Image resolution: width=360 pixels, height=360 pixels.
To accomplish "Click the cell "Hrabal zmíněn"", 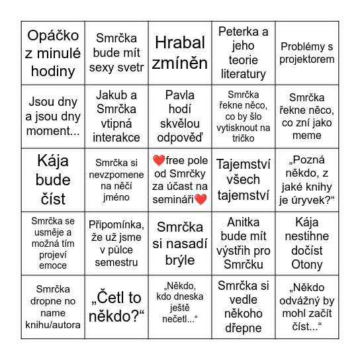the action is point(180,53).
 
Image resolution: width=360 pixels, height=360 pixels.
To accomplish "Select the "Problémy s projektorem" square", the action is point(307,53).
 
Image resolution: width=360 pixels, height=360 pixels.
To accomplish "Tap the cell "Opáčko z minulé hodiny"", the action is point(53,53).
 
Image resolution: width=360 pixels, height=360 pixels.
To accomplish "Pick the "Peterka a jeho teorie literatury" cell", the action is point(244,53).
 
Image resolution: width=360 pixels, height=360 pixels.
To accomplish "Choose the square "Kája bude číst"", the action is point(53,180).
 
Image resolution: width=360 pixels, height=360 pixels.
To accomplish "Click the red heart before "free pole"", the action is point(158,161).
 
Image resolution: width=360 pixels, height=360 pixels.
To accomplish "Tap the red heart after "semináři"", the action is point(201,199).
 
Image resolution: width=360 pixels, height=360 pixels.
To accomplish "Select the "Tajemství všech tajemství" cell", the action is point(244,180).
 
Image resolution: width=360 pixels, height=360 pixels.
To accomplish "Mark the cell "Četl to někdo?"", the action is point(116,307).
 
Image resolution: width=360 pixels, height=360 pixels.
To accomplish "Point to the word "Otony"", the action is point(307,264).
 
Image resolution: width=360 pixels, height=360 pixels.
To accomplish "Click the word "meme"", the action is point(307,136).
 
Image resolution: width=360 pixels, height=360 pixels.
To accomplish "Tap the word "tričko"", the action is point(244,138).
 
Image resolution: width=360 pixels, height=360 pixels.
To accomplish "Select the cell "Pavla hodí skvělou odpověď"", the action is point(180,116).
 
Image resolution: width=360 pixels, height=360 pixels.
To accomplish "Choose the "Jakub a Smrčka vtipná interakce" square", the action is point(116,116).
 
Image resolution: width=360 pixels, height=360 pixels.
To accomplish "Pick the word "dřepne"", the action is point(244,328).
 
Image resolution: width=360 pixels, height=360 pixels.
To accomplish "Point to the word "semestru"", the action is point(116,263).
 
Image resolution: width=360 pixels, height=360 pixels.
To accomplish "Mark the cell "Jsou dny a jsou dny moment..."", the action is point(53,116).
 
